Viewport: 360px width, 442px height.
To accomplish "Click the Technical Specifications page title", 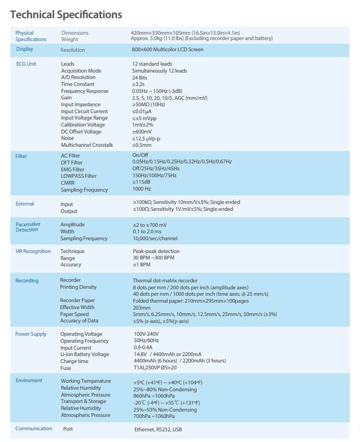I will [x=66, y=14].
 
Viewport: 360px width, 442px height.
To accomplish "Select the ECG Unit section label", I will [x=26, y=64].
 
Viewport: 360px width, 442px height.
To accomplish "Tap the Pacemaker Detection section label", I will [x=28, y=227].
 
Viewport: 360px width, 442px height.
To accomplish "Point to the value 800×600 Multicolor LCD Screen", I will [x=167, y=50].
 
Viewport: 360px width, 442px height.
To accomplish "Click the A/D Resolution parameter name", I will [x=78, y=77].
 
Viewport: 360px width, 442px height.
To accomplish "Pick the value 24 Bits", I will [x=140, y=77].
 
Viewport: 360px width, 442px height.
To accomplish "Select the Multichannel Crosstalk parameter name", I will [x=87, y=145].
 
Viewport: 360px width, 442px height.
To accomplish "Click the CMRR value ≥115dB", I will [x=141, y=183].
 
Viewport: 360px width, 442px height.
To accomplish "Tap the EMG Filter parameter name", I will [x=73, y=169].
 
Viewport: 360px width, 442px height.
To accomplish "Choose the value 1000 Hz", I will [x=142, y=189].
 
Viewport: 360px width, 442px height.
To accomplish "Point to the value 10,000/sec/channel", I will [x=155, y=239].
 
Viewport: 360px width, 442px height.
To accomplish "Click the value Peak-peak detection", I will [x=156, y=251].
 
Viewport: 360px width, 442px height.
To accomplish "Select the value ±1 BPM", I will [x=141, y=264].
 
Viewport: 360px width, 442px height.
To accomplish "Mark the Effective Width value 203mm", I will [x=141, y=307].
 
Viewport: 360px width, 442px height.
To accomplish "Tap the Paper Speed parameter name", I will [x=74, y=314].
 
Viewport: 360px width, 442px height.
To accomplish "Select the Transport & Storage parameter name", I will [x=83, y=401].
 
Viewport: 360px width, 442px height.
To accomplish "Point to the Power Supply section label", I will [x=31, y=334].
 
